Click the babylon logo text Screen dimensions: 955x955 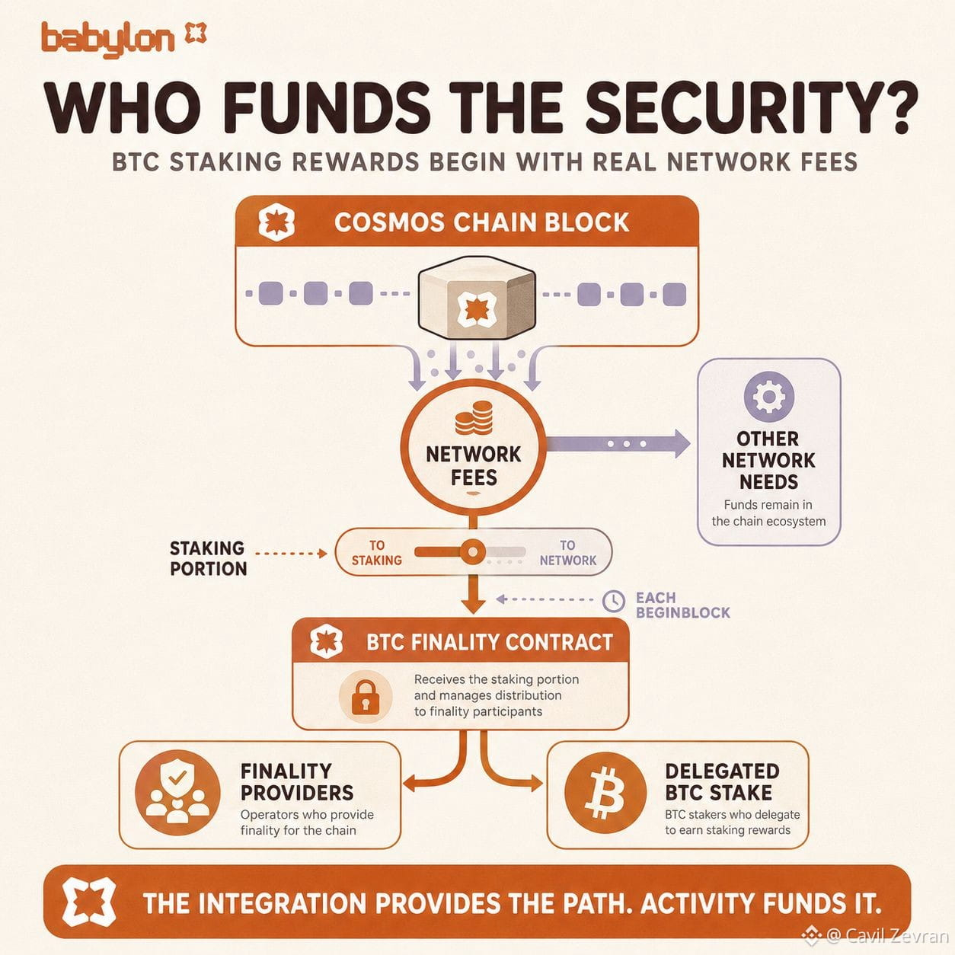(108, 40)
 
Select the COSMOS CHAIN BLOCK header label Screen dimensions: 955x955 (482, 222)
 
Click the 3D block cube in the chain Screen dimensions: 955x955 (477, 298)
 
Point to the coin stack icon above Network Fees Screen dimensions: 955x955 (473, 418)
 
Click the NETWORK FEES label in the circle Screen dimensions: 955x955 (473, 466)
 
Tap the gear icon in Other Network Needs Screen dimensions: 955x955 (768, 397)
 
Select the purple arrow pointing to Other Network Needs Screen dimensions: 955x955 (618, 443)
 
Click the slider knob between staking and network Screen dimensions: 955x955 (472, 551)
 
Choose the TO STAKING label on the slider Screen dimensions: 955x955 (377, 553)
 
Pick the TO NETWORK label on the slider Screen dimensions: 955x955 (568, 553)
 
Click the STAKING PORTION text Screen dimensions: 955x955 (208, 558)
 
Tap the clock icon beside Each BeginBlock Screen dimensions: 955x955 (614, 601)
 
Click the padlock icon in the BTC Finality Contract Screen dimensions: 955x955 (366, 698)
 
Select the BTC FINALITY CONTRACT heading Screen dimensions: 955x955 (490, 642)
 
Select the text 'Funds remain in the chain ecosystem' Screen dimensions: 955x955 (768, 513)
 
